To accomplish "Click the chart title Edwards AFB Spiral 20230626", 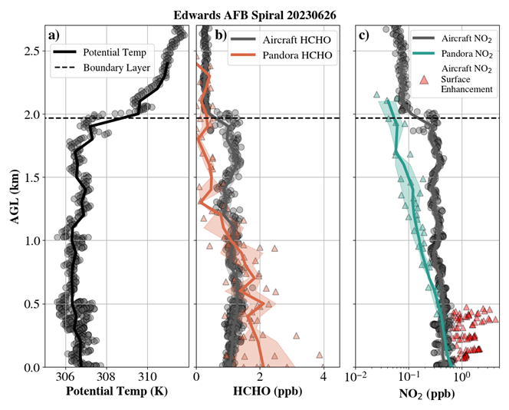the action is pyautogui.click(x=254, y=15).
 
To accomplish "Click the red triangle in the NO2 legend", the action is pyautogui.click(x=423, y=79).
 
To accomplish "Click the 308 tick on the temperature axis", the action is pyautogui.click(x=107, y=377).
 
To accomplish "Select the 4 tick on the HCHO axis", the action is pyautogui.click(x=323, y=377).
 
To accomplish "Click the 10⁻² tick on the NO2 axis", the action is pyautogui.click(x=356, y=377).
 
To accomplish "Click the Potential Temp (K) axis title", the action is pyautogui.click(x=117, y=391).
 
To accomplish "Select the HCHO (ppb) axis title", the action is pyautogui.click(x=268, y=391).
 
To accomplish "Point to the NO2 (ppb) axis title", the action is pyautogui.click(x=426, y=393).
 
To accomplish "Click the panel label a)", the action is pyautogui.click(x=54, y=35).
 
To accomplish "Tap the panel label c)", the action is pyautogui.click(x=363, y=35).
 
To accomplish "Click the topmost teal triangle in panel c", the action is pyautogui.click(x=376, y=94).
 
